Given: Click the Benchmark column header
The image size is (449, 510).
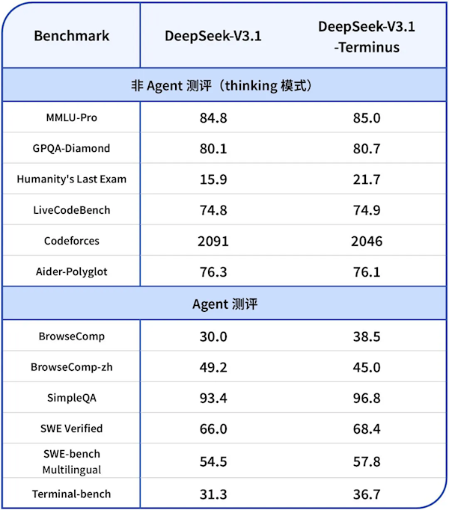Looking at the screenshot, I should pos(72,36).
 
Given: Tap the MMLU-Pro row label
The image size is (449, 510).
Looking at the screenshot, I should pos(72,118).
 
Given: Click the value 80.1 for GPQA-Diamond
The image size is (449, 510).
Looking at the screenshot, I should pos(213,149).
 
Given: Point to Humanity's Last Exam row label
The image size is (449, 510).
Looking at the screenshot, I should pos(72,179).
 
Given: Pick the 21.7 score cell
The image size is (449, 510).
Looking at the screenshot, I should pos(367,179).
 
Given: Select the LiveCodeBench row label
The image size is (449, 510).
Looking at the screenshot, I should pos(72,210).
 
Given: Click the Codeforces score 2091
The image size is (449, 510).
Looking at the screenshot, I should pos(213,241).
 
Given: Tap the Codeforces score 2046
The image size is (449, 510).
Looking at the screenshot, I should pos(367,241).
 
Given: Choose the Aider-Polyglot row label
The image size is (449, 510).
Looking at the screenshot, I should pos(72,271).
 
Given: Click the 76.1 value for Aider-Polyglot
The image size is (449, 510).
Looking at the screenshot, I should pos(367,271).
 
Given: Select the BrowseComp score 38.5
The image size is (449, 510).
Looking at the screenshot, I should pos(367,337).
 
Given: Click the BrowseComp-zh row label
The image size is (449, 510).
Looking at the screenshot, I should pos(72,367).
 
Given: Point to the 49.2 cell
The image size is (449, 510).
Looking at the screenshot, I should pos(213,367).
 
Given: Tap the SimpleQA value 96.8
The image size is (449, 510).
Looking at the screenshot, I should pos(367,398).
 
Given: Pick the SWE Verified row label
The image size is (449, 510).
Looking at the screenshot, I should pos(72,428).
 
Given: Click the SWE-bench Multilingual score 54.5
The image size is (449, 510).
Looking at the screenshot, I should pos(213,461).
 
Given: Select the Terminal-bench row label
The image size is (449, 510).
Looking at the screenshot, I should pos(72,494).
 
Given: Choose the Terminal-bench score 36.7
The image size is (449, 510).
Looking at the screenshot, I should pos(367,494).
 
